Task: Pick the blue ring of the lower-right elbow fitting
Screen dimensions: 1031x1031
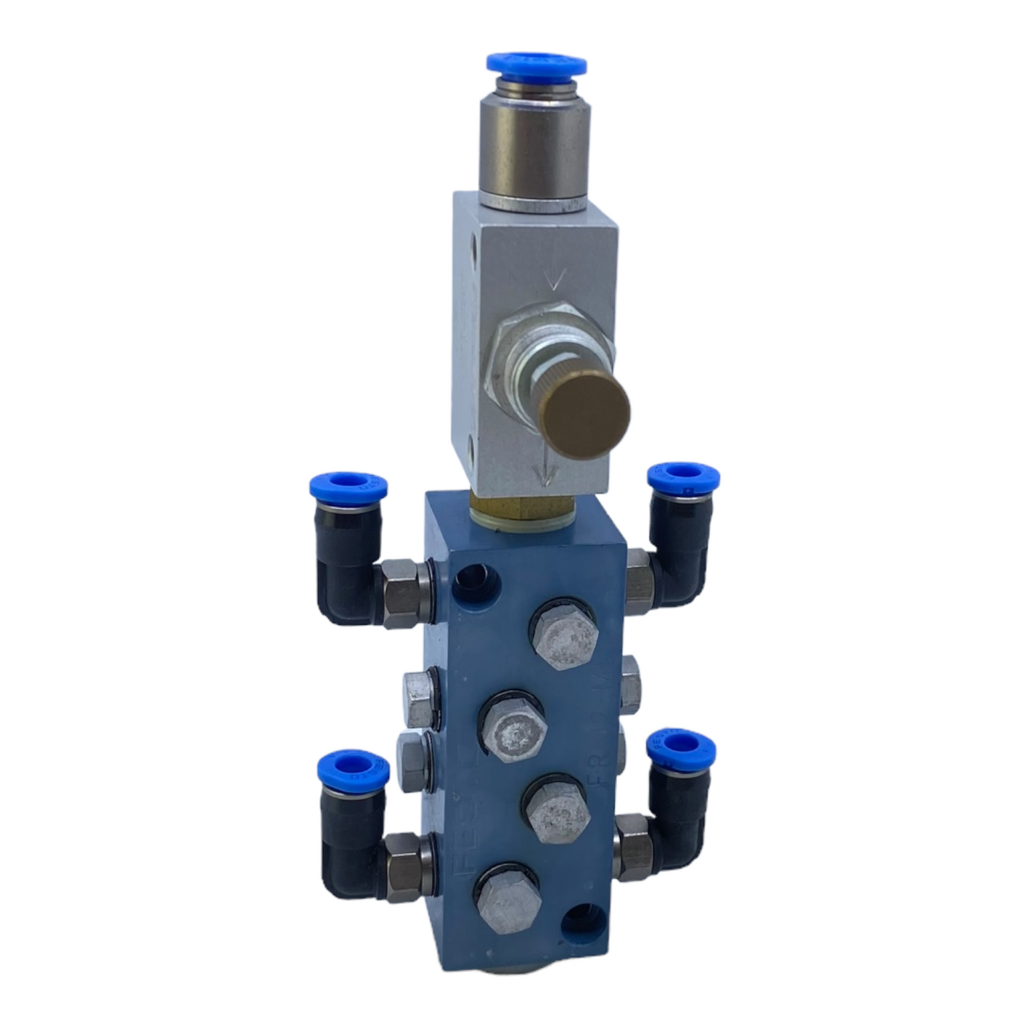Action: [681, 748]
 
